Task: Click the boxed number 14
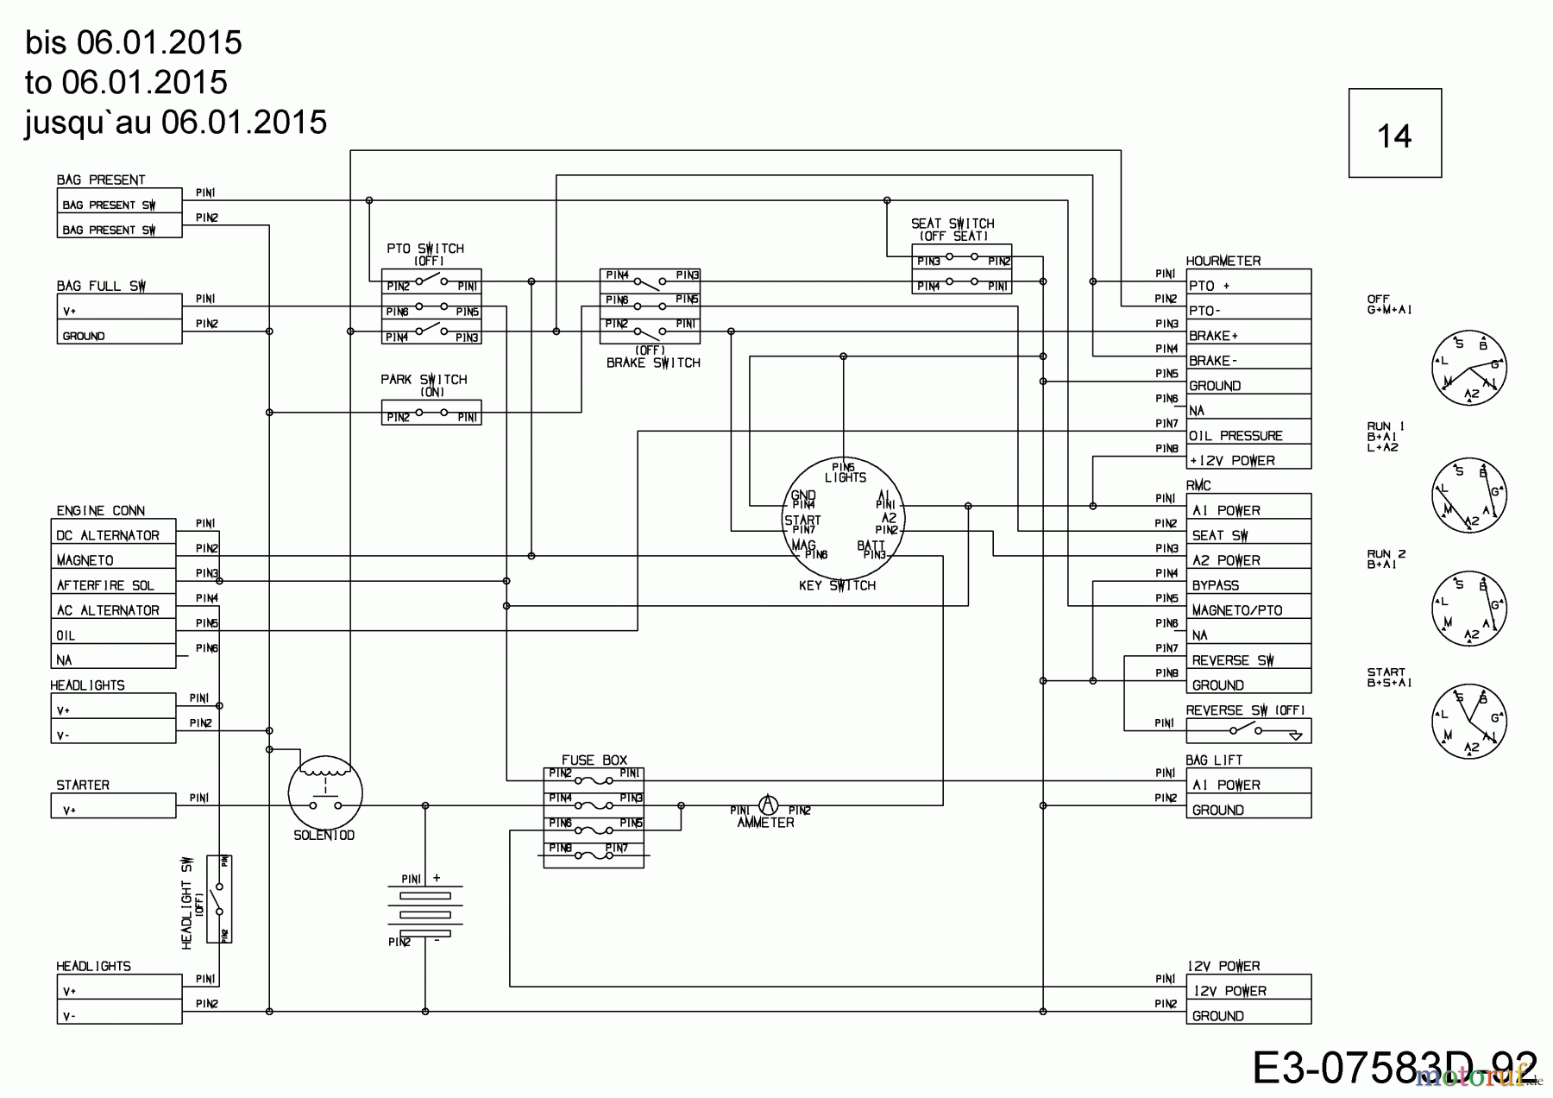pyautogui.click(x=1394, y=134)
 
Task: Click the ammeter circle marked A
pyautogui.click(x=767, y=805)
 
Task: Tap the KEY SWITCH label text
pyautogui.click(x=836, y=585)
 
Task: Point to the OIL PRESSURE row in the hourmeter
pyautogui.click(x=1248, y=436)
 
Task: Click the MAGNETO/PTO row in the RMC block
pyautogui.click(x=1248, y=610)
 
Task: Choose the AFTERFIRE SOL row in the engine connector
pyautogui.click(x=113, y=585)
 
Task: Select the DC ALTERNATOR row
pyautogui.click(x=113, y=535)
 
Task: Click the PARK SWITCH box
pyautogui.click(x=431, y=413)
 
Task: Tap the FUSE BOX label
pyautogui.click(x=594, y=760)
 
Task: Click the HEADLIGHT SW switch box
pyautogui.click(x=219, y=899)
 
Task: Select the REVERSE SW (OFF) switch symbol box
pyautogui.click(x=1248, y=731)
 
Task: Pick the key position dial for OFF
pyautogui.click(x=1468, y=368)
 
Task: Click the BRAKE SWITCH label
pyautogui.click(x=652, y=363)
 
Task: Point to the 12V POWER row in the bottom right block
pyautogui.click(x=1248, y=991)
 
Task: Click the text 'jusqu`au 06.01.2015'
pyautogui.click(x=176, y=123)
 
